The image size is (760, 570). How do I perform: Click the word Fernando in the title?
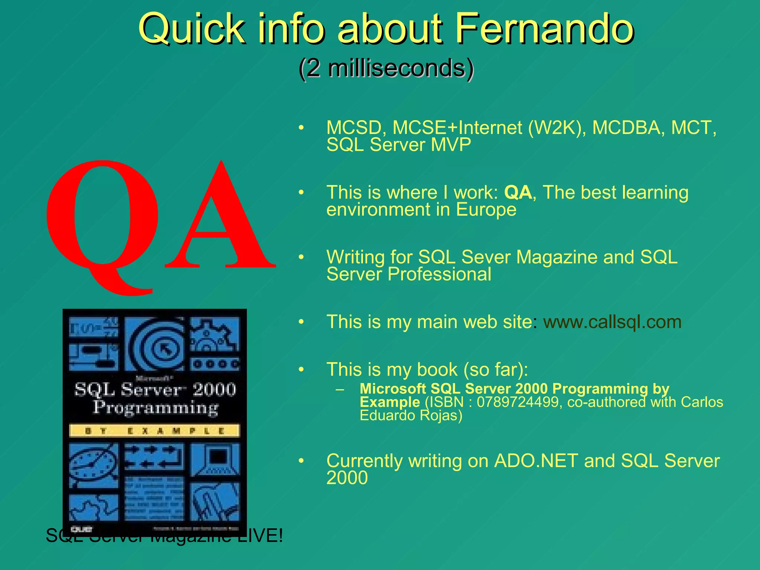click(x=544, y=29)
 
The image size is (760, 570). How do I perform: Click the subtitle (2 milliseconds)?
click(x=386, y=68)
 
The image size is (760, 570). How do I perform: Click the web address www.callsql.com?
click(x=612, y=322)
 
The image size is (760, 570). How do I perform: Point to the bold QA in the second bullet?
click(x=518, y=193)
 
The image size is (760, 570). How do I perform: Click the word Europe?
click(x=486, y=210)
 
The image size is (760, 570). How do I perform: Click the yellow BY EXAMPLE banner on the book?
click(x=154, y=431)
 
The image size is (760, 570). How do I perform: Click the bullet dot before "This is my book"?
click(x=301, y=370)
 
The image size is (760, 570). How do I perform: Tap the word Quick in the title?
click(x=191, y=29)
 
